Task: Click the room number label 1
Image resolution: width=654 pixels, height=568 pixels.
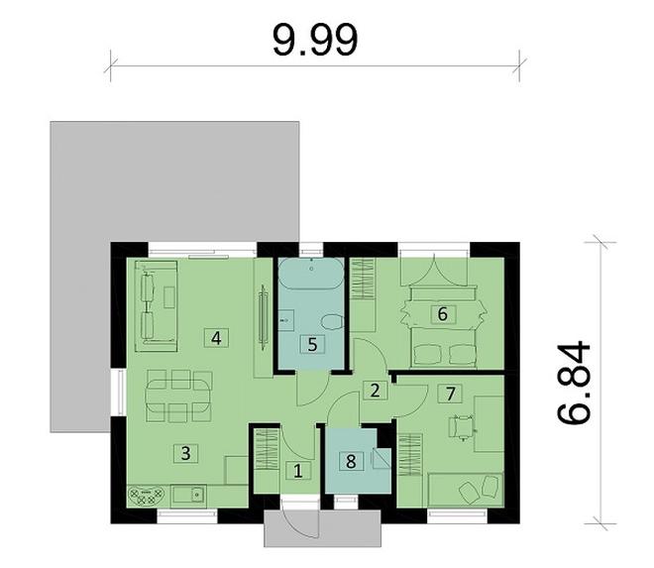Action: click(x=298, y=472)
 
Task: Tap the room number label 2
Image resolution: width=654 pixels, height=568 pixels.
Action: click(x=375, y=389)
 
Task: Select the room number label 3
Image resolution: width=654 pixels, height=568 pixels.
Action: click(x=184, y=453)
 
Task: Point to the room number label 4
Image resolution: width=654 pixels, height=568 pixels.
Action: click(x=215, y=337)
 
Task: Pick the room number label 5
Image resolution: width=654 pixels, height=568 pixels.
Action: click(x=312, y=345)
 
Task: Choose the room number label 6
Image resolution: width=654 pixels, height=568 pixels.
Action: click(x=442, y=313)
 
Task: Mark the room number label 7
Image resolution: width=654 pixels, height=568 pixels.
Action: click(x=451, y=393)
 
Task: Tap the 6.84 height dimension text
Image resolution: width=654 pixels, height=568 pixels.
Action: click(x=575, y=385)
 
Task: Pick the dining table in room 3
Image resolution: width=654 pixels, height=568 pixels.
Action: click(x=178, y=395)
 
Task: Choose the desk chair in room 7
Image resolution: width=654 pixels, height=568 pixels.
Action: click(x=462, y=426)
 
